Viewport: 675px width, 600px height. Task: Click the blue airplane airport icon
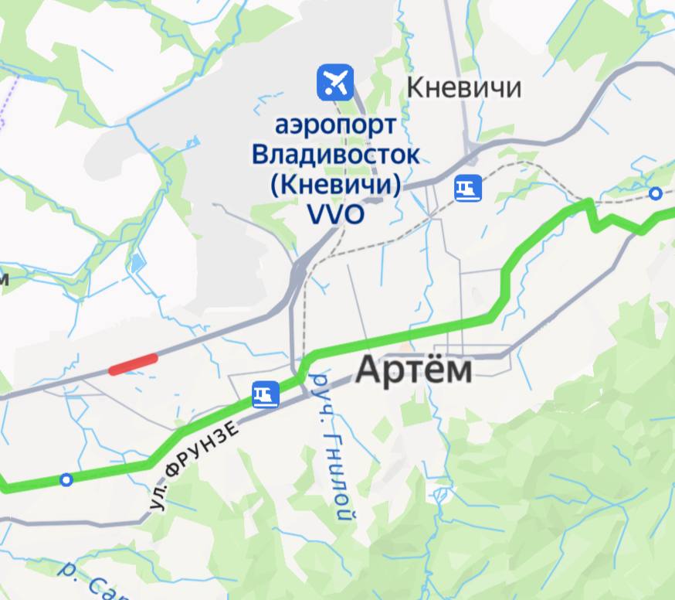(335, 81)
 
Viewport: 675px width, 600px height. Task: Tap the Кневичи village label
(463, 87)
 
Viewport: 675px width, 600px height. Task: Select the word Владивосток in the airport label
(336, 154)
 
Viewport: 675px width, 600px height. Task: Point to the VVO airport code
(335, 214)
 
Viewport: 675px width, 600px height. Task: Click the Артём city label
(413, 370)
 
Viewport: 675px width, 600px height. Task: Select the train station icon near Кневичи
(468, 188)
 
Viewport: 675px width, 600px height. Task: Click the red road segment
(133, 364)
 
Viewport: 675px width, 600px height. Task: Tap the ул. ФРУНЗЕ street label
(192, 465)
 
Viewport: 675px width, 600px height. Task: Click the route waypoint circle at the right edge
(656, 193)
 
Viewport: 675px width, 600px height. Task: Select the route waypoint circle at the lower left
(66, 480)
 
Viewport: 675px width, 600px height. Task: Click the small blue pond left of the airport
(137, 263)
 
